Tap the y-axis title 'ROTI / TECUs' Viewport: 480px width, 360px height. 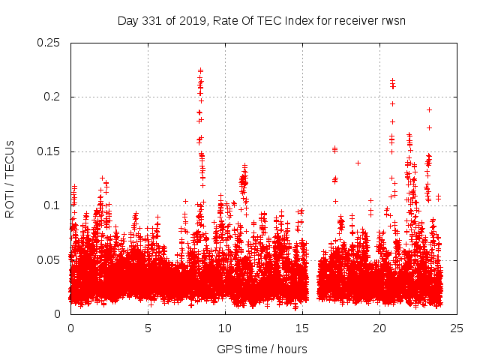coord(10,178)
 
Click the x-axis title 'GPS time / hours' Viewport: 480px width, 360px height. coord(262,349)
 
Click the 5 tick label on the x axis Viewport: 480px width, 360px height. coord(148,328)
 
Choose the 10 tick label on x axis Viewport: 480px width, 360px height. coord(225,328)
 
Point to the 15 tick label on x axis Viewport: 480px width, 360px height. coord(302,328)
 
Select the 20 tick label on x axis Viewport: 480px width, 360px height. coord(379,328)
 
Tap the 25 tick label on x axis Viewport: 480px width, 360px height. coord(457,328)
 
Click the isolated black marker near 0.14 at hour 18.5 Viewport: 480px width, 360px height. coord(358,163)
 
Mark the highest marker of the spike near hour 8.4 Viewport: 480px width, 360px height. coord(200,70)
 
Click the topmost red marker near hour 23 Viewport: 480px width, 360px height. coord(429,109)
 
